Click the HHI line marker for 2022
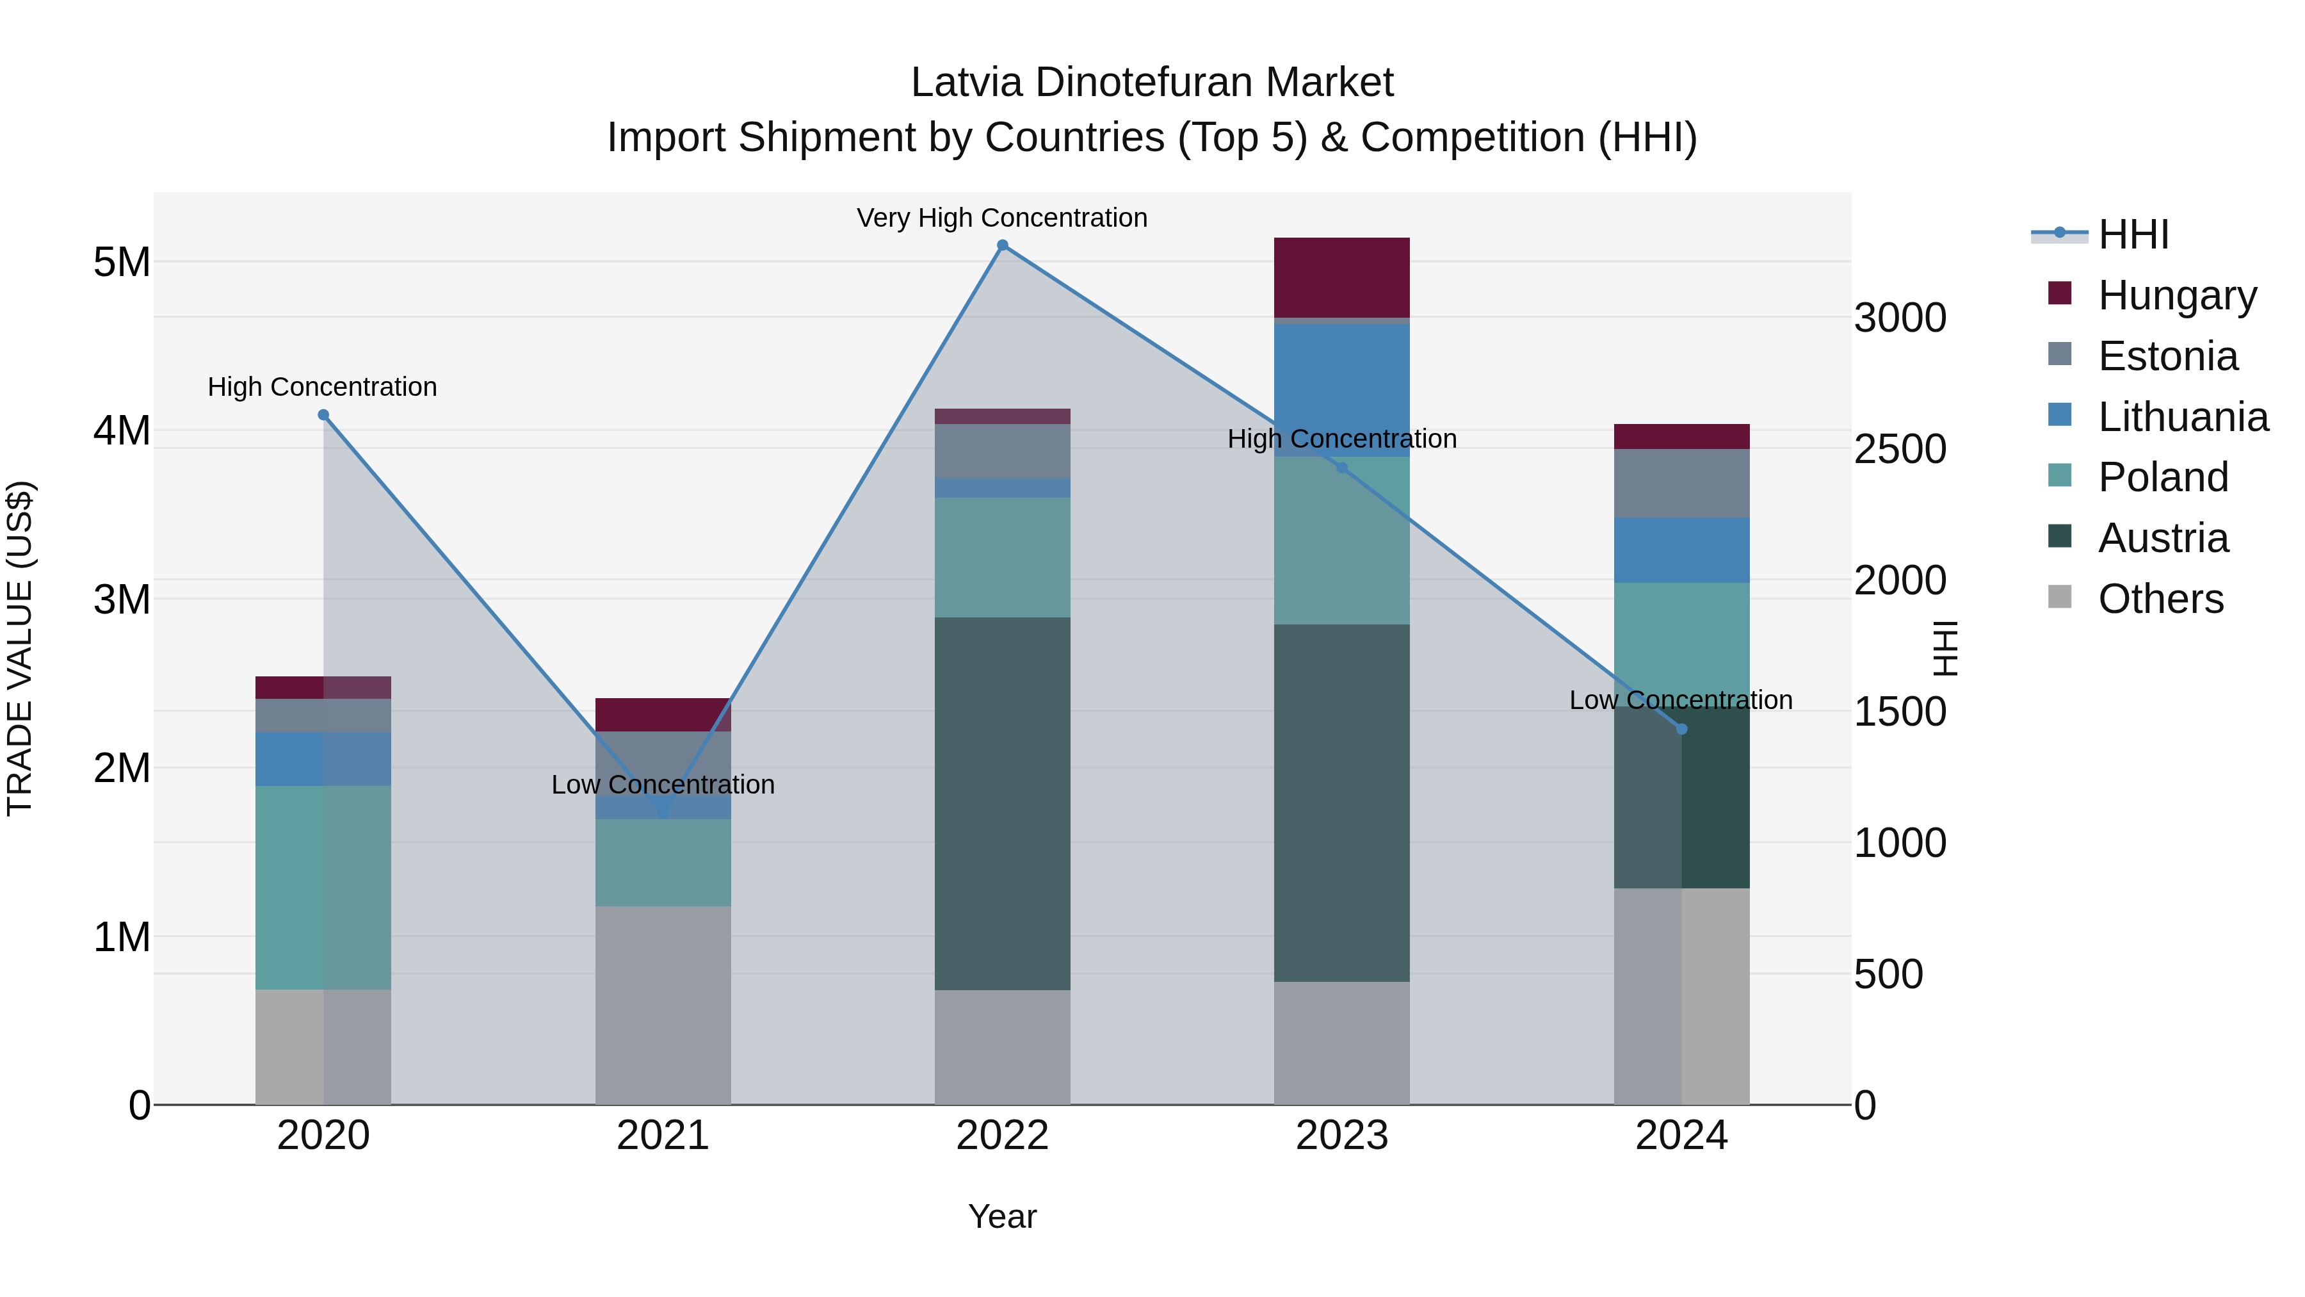point(1002,245)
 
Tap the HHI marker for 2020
point(324,414)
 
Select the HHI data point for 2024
point(1681,730)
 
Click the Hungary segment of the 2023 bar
point(1341,277)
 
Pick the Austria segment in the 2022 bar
point(1002,803)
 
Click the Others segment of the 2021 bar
point(663,1004)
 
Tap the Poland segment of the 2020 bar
point(323,887)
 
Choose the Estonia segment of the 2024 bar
point(1681,484)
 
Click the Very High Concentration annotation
point(1002,218)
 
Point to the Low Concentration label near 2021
point(663,784)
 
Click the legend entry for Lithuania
point(2183,417)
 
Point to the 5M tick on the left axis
point(122,262)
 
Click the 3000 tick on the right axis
point(1900,318)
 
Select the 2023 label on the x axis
point(1341,1136)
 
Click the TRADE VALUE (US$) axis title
point(20,648)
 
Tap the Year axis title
point(1002,1216)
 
